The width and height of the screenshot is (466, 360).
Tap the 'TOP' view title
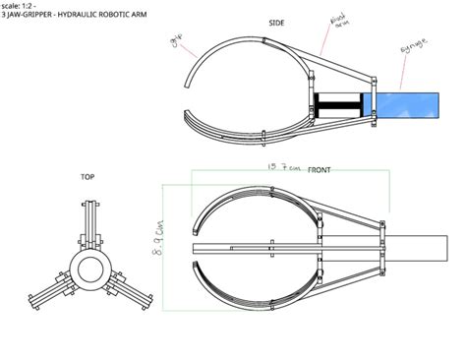click(x=87, y=177)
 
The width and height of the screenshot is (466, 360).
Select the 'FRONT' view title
click(x=320, y=170)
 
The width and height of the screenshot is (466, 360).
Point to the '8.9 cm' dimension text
click(x=159, y=237)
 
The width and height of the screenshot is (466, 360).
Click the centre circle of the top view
click(x=87, y=268)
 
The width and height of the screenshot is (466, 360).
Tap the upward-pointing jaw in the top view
click(x=87, y=221)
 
